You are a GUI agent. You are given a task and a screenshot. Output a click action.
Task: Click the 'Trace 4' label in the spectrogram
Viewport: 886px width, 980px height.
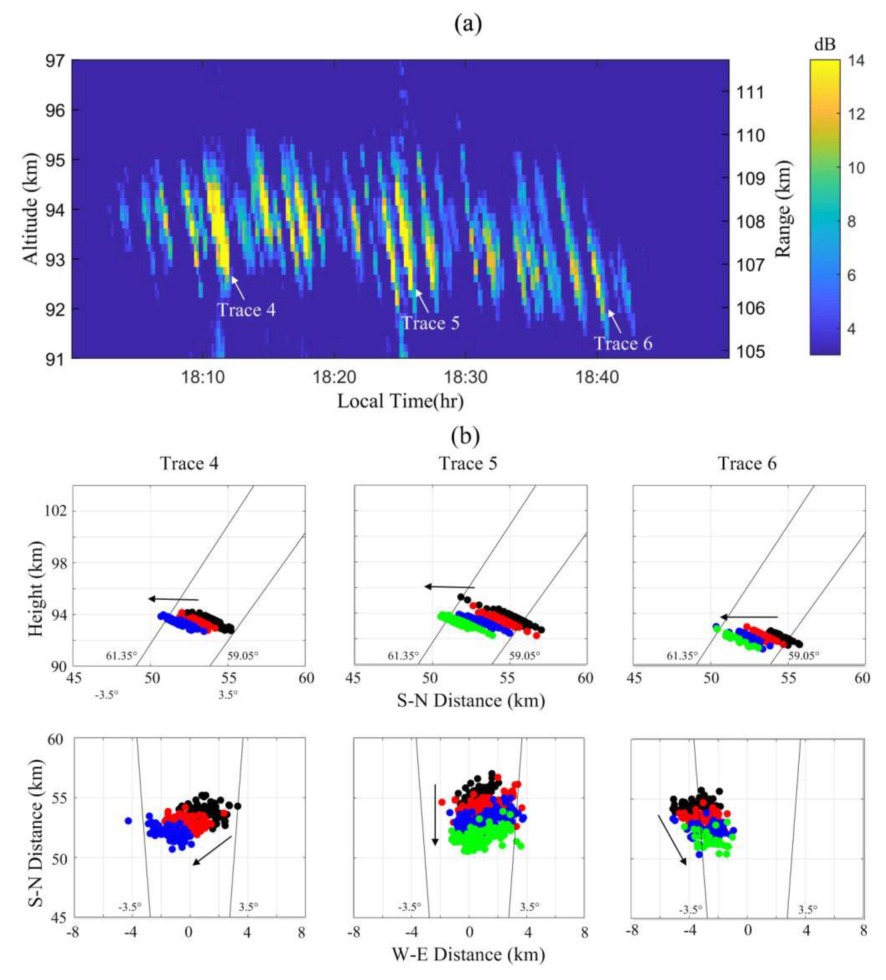click(x=246, y=310)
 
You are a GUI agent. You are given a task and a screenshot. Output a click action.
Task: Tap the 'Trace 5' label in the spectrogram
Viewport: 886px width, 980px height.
click(x=430, y=323)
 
